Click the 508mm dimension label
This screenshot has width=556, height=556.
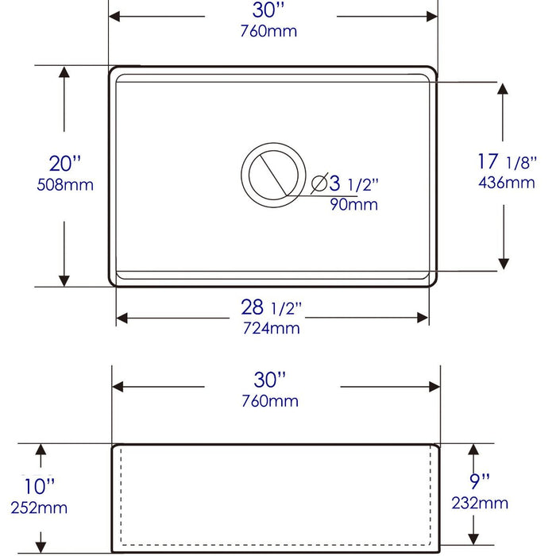[x=65, y=185]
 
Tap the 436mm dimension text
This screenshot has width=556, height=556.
[x=506, y=183]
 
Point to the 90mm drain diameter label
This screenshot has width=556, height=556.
[x=353, y=205]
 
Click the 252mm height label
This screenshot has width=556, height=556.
[x=39, y=508]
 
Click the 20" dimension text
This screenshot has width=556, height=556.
[x=65, y=164]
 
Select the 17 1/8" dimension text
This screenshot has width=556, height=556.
[x=506, y=161]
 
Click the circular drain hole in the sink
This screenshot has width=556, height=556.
[x=272, y=172]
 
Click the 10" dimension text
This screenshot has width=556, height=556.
[x=39, y=485]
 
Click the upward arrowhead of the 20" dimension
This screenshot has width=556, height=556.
[x=64, y=72]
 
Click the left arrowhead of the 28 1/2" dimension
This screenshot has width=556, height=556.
[x=122, y=319]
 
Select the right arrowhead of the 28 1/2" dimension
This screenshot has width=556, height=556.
[x=423, y=319]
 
